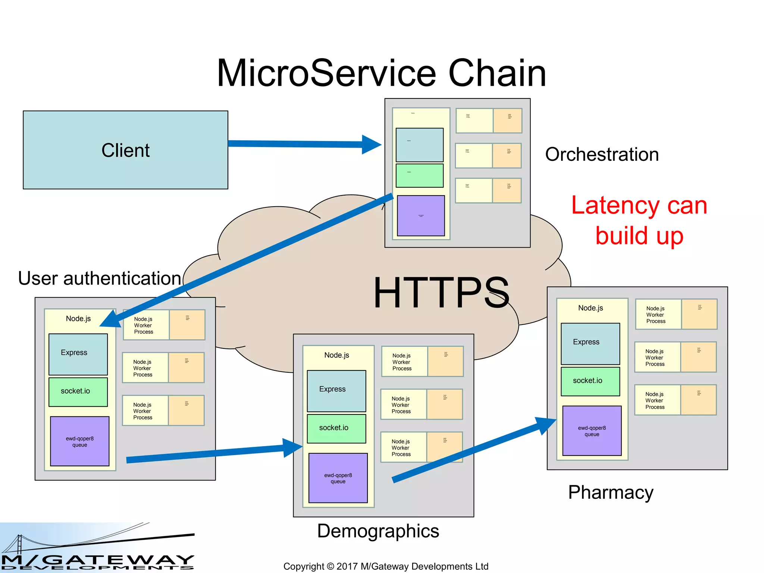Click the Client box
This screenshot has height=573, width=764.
coord(125,150)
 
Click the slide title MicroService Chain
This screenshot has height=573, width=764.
coord(381,73)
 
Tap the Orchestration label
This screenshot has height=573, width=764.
coord(602,154)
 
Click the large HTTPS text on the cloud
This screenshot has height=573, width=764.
coord(441,293)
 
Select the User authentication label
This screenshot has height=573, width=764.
coord(100,278)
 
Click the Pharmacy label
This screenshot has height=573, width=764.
coord(610,492)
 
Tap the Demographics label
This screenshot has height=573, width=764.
coord(378,531)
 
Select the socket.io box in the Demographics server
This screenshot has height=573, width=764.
coord(336,428)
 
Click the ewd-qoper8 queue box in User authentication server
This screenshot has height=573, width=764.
coord(79,441)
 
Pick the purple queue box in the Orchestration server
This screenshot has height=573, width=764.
coord(421,216)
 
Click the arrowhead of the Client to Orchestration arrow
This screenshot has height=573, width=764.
coord(371,144)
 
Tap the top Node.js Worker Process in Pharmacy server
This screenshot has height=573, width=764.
coord(658,314)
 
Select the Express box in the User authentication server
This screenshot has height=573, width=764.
coord(78,354)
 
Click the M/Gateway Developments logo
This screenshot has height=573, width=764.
coord(97,548)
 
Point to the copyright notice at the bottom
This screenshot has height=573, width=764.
coord(386,566)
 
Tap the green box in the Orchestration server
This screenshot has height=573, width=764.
coord(419,175)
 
